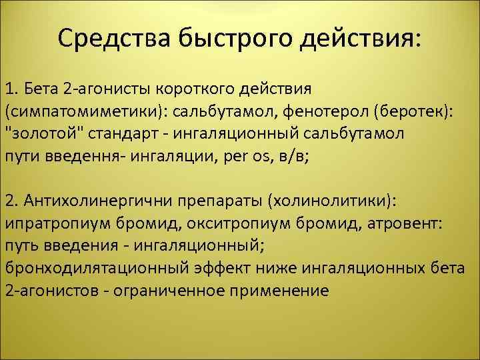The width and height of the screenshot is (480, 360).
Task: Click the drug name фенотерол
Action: (317, 111)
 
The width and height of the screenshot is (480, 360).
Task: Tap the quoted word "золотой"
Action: (39, 134)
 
